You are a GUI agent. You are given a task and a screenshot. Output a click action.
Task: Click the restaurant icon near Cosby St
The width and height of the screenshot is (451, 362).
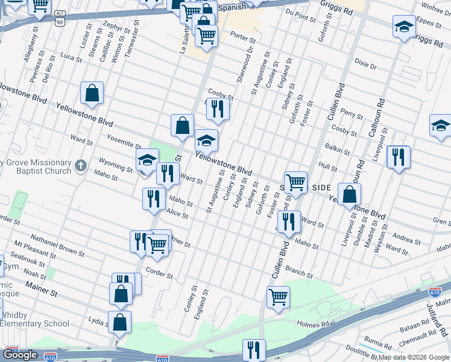tap(217, 109)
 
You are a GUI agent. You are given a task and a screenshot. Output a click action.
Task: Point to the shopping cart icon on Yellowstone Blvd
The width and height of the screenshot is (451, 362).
tap(295, 182)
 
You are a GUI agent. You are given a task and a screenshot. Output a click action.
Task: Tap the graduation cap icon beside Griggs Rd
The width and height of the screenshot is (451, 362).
tap(404, 27)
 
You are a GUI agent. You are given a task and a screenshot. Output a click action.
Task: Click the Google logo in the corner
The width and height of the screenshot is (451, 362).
tap(20, 355)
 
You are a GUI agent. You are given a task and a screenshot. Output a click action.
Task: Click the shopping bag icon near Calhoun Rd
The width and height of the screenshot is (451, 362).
tap(349, 194)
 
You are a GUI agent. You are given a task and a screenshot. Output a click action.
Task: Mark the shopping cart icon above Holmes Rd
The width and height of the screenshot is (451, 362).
tap(278, 296)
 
